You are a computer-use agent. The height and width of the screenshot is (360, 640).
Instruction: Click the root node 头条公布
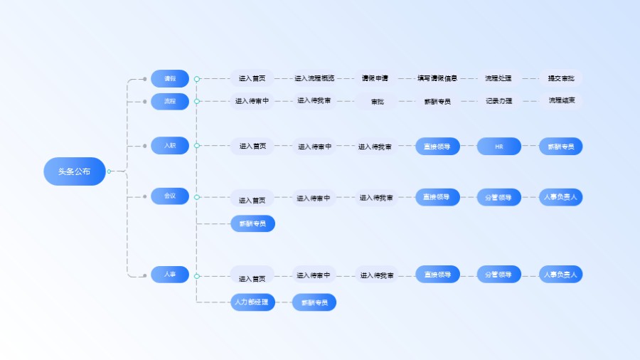(75, 171)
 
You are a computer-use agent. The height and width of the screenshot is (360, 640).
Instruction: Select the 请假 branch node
(170, 78)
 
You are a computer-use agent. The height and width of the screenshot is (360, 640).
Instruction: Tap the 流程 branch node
(170, 101)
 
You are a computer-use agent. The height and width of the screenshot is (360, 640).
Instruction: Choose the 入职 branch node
(170, 145)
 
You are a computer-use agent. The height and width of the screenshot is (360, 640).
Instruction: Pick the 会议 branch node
(170, 196)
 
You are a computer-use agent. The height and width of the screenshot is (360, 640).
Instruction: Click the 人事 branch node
(170, 274)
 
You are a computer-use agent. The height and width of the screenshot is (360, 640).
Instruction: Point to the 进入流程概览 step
(314, 78)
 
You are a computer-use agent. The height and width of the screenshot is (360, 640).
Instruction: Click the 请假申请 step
(375, 78)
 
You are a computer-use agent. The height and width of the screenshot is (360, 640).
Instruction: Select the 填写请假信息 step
(437, 78)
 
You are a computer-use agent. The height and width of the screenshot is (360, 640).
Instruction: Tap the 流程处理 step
(498, 78)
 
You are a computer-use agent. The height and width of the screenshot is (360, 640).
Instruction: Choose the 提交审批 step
(560, 78)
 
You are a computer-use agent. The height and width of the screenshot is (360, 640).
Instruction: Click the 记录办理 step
(498, 101)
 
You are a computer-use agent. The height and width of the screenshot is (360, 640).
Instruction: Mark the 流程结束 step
(561, 101)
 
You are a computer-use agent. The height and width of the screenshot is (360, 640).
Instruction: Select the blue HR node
(498, 147)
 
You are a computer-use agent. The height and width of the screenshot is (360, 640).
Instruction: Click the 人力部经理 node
(252, 302)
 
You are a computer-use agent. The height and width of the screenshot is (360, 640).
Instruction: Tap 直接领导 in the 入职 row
(437, 147)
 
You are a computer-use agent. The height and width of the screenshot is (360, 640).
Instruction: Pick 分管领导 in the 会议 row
(498, 197)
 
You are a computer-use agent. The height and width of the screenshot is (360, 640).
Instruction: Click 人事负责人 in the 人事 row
(560, 274)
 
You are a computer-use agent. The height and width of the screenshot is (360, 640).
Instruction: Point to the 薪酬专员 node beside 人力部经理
(314, 302)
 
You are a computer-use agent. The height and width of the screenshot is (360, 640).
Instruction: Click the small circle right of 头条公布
(109, 171)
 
